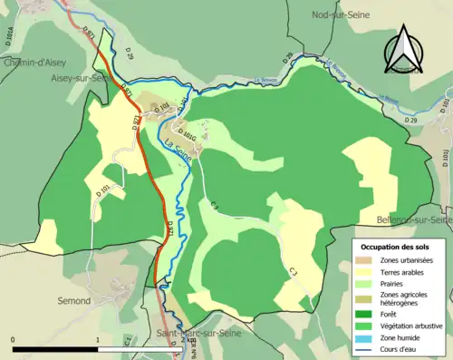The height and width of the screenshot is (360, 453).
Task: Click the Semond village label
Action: [x=72, y=300]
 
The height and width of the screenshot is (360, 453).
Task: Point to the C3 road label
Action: [x=294, y=271]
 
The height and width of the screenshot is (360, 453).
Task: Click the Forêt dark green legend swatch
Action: [x=367, y=313]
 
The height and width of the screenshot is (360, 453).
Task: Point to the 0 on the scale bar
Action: [x=14, y=341]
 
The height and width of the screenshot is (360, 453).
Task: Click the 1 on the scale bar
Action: [x=97, y=341]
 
